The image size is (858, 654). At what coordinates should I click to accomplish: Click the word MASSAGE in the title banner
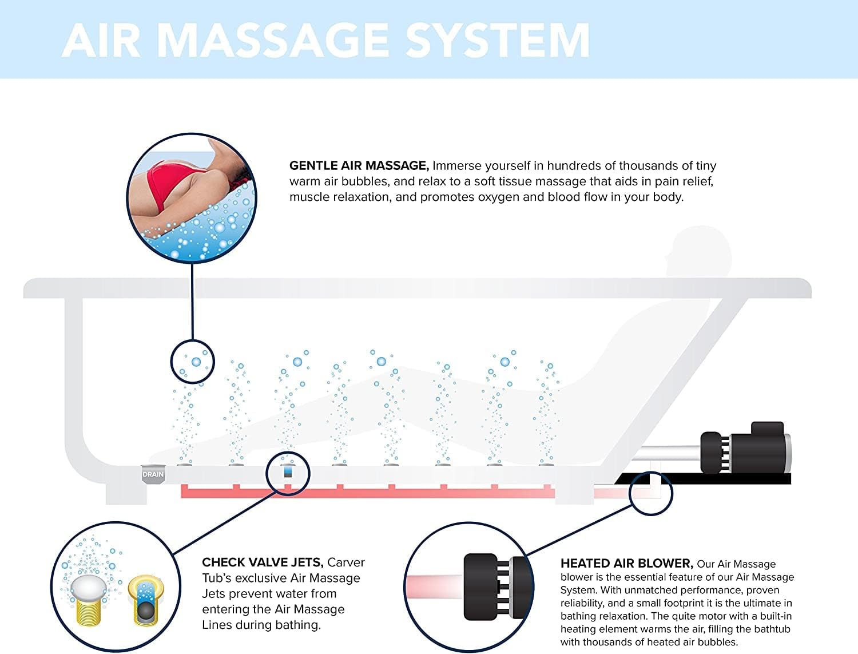point(272,41)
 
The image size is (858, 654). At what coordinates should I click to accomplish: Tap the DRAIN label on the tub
point(153,474)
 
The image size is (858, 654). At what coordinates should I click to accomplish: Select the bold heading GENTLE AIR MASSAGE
point(359,166)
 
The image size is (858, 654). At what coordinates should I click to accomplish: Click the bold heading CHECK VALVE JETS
point(263,562)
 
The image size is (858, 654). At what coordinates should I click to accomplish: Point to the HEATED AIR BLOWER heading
point(627,563)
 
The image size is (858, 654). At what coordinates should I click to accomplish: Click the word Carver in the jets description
point(345,562)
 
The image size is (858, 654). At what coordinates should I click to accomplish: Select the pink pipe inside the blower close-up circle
point(434,586)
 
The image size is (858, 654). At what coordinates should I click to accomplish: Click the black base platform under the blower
point(704,478)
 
